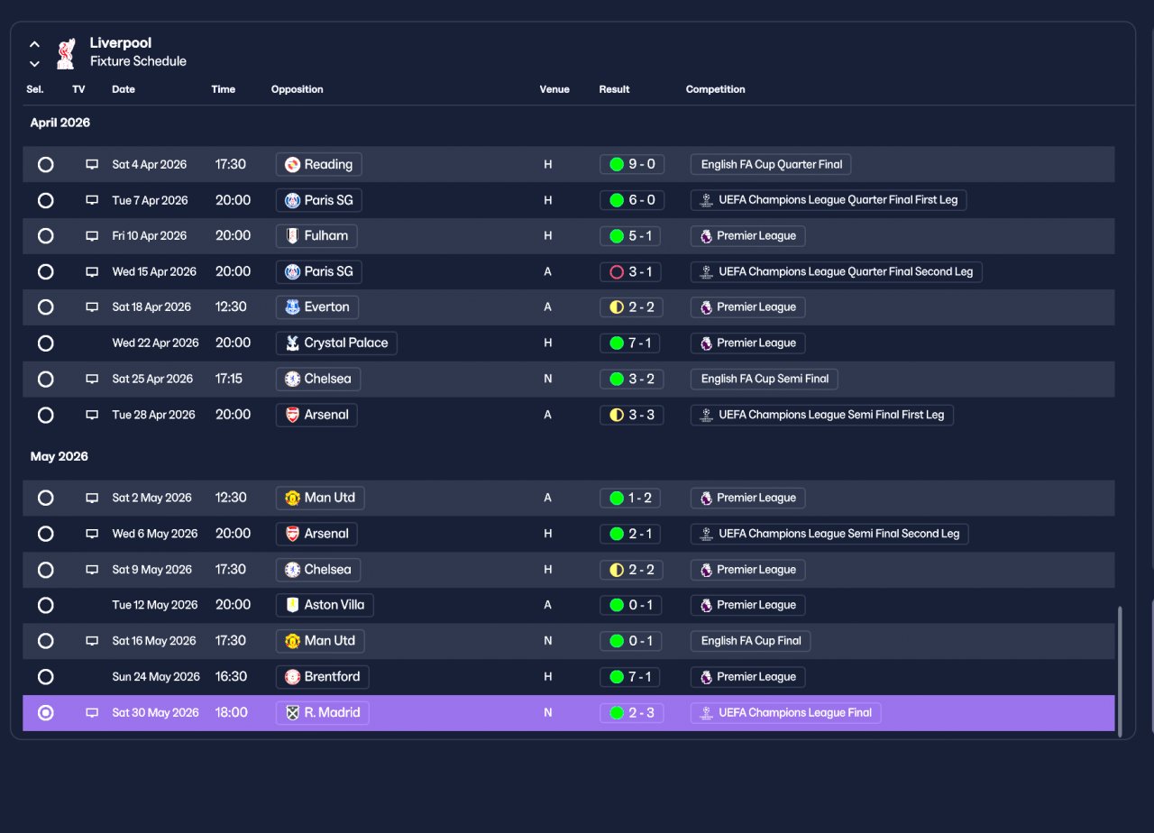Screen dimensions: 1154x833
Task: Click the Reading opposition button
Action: pos(318,164)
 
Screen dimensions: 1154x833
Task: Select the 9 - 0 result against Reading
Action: pos(632,164)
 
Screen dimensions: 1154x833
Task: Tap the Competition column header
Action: pos(715,89)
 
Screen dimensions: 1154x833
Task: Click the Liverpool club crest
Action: pos(66,53)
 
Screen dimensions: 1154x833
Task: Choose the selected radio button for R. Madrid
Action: pos(45,712)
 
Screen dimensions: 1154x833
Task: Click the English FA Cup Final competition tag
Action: pos(751,641)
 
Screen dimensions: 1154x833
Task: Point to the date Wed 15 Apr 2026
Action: pos(154,271)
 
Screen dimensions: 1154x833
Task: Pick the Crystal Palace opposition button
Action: pos(336,343)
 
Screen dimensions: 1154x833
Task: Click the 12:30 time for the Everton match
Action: pos(231,307)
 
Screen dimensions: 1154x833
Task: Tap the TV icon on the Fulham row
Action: pos(92,236)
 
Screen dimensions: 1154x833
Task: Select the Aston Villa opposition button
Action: pos(325,605)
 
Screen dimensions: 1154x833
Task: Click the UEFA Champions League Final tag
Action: pos(785,712)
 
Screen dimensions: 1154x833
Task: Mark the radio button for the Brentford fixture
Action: pos(45,676)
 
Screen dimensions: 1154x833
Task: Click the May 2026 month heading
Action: pos(60,456)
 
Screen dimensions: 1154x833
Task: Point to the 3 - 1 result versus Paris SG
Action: pos(630,271)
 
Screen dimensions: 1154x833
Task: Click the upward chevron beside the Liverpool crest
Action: pos(34,44)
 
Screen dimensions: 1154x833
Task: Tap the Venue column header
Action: pos(554,89)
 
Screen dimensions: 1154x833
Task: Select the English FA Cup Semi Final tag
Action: pos(764,379)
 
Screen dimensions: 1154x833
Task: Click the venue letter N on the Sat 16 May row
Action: pos(547,641)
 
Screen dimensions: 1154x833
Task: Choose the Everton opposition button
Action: pos(316,307)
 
